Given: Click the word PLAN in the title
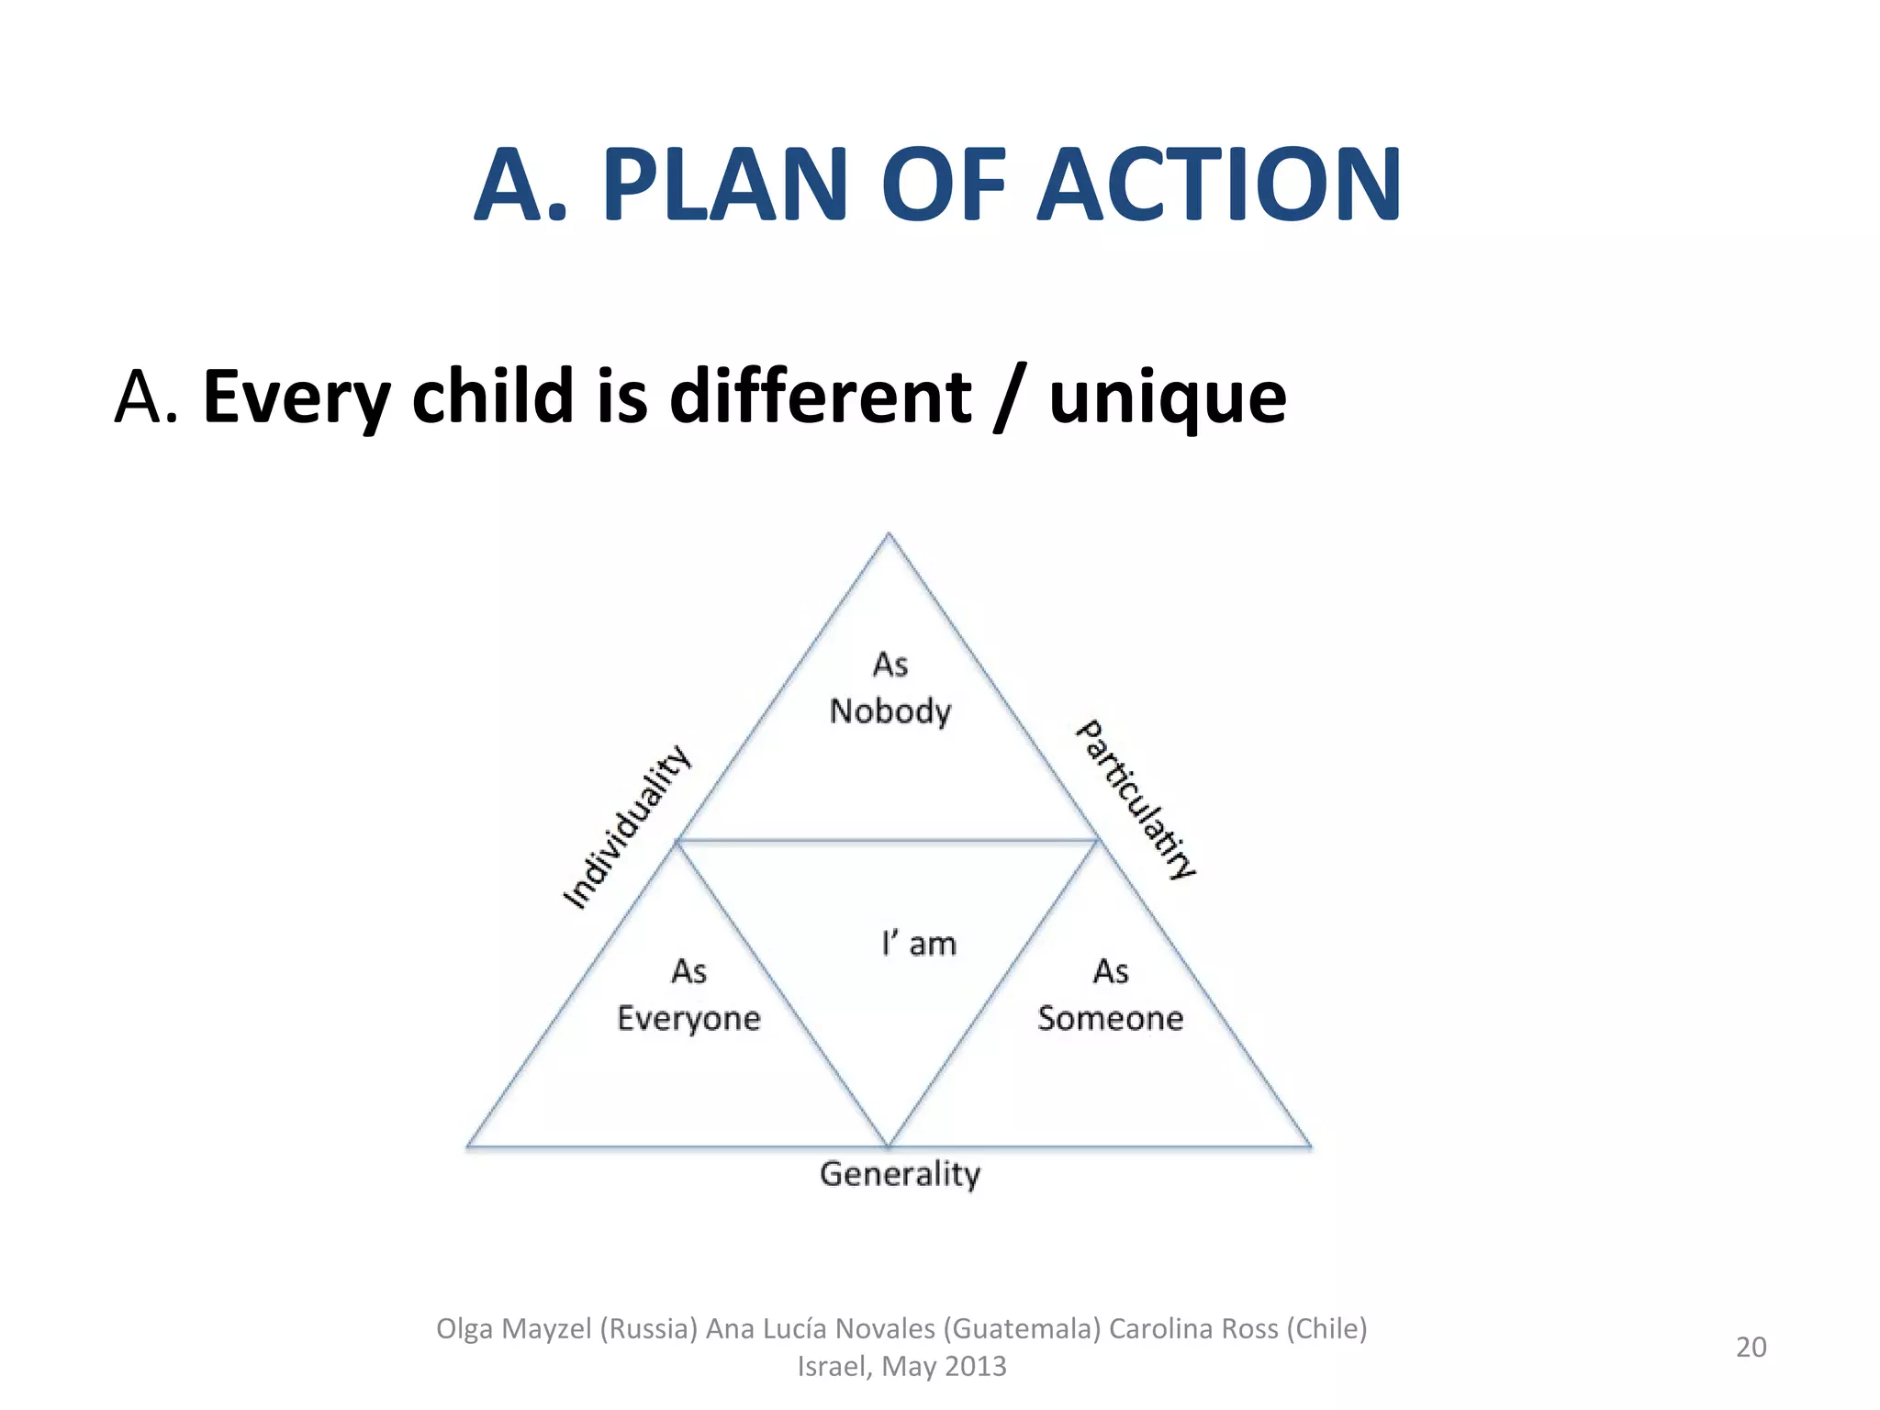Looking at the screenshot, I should point(723,186).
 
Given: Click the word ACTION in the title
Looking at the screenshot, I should point(1218,186).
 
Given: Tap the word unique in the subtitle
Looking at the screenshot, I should point(1167,397).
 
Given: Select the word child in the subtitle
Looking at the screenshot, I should point(493,397).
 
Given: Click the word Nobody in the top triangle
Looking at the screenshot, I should point(890,711).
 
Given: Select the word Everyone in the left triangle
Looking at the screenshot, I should point(688,1019).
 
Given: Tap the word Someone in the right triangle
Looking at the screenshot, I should point(1110,1019).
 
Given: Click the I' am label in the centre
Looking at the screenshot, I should point(919,944).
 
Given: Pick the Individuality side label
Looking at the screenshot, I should point(626,826).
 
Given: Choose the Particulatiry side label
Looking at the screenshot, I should point(1136,800).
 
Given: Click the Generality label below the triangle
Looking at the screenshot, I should point(900,1174).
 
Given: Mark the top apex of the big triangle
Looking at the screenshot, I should point(889,534).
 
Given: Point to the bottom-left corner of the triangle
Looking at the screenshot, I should point(468,1146).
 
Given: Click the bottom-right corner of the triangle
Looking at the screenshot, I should point(1310,1146).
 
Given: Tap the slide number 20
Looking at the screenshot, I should point(1751,1347).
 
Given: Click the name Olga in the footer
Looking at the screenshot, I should point(464,1328).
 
